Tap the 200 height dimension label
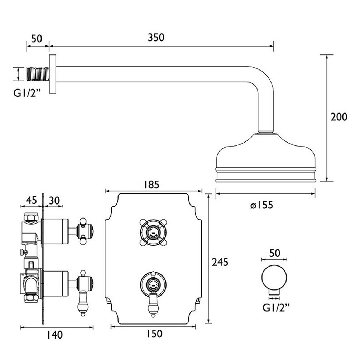coord(339,117)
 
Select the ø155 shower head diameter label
coord(262,205)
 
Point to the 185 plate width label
coord(152,184)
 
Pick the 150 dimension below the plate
coord(154,334)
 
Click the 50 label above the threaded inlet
coord(37,38)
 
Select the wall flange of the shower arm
coord(53,75)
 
